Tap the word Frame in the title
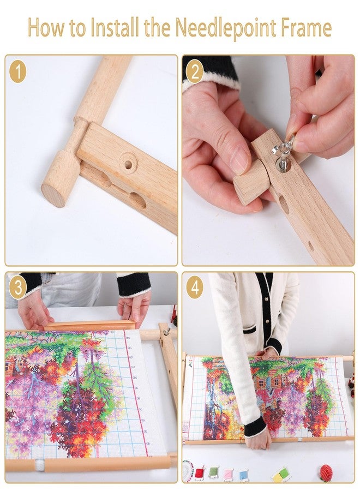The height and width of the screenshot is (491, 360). pyautogui.click(x=303, y=28)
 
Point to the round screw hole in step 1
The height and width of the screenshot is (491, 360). pyautogui.click(x=129, y=164)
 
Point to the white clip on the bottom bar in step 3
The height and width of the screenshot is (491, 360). pyautogui.click(x=39, y=465)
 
